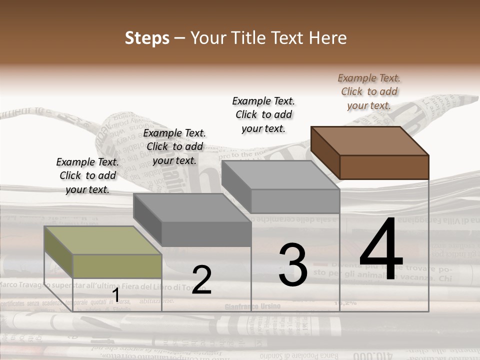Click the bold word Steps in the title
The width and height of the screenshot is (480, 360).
coord(147,38)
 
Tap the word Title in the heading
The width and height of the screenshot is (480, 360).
coord(247,38)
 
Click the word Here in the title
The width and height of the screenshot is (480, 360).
coord(327,38)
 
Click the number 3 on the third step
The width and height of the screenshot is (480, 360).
coord(293,265)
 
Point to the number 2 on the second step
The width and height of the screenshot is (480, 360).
coord(201,279)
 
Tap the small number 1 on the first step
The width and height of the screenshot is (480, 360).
coord(116,295)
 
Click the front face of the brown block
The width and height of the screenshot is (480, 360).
coord(384,167)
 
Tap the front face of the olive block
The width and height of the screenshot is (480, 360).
coord(117,266)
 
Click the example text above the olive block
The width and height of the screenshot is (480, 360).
coord(87,175)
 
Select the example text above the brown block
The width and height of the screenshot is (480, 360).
coord(369,91)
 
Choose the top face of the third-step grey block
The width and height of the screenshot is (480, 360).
coord(280,175)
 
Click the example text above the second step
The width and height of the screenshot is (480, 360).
coord(174,146)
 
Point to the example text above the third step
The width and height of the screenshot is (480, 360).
coord(263,114)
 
